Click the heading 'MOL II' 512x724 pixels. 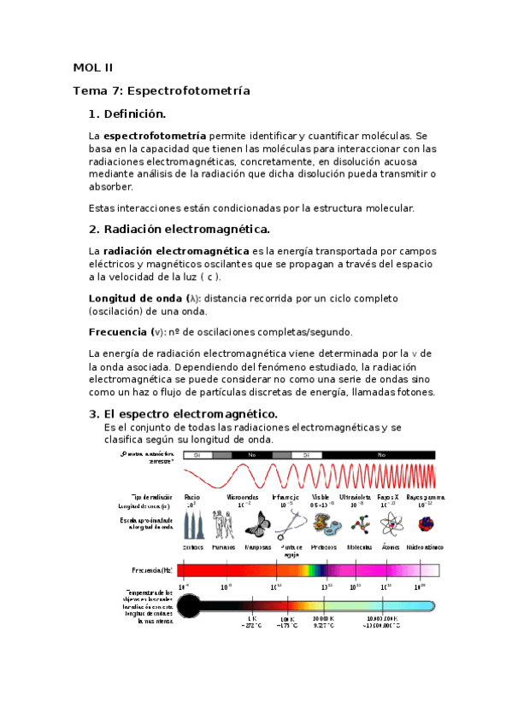click(x=92, y=68)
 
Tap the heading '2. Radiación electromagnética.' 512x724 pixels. click(x=179, y=229)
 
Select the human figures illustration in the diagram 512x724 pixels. click(x=224, y=523)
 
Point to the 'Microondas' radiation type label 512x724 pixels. click(x=243, y=496)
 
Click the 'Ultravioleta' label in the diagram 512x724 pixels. click(x=354, y=496)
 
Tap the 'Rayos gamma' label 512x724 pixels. click(x=424, y=496)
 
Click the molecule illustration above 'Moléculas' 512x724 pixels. click(x=354, y=523)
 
